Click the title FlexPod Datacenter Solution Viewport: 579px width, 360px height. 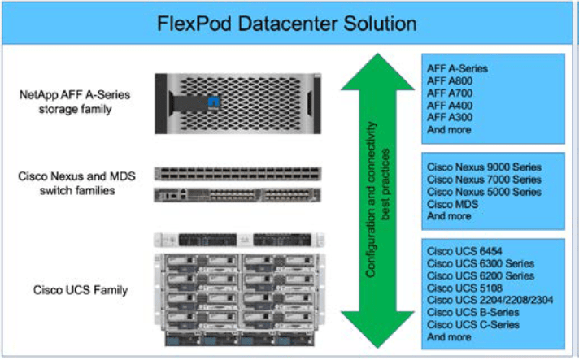pyautogui.click(x=289, y=23)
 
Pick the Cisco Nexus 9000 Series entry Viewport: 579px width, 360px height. pyautogui.click(x=484, y=167)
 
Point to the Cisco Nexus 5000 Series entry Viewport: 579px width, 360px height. pyautogui.click(x=484, y=192)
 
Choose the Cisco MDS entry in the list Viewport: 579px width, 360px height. pyautogui.click(x=453, y=204)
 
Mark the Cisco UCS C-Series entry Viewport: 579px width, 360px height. pyautogui.click(x=473, y=325)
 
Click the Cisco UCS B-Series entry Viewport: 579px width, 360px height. pyautogui.click(x=473, y=313)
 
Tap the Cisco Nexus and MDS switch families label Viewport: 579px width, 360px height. pyautogui.click(x=75, y=182)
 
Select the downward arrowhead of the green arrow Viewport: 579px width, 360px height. pyautogui.click(x=377, y=329)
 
